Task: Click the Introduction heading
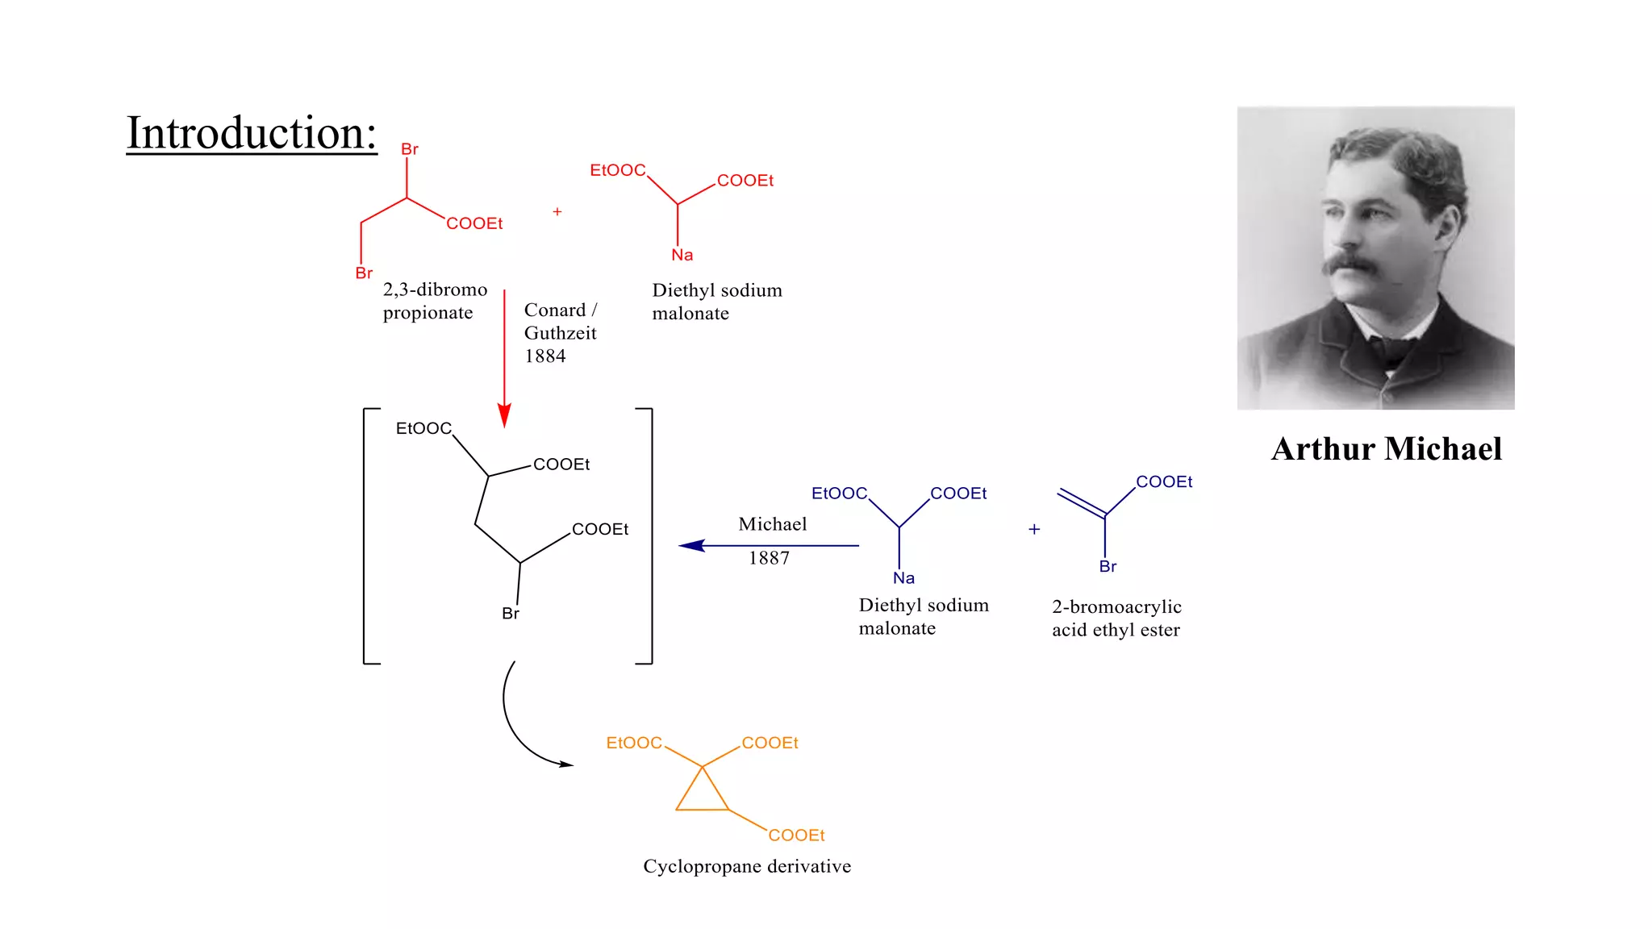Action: (x=252, y=133)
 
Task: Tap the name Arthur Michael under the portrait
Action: (x=1387, y=449)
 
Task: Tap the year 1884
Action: (x=545, y=356)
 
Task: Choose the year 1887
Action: (x=769, y=558)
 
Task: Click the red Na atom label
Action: (x=682, y=255)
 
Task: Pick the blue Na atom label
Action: (x=903, y=578)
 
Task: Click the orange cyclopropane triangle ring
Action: (x=703, y=794)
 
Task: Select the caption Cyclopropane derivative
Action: (x=747, y=866)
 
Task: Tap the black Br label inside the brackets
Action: (x=511, y=614)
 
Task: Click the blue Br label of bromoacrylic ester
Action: (x=1108, y=567)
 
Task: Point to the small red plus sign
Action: (x=557, y=212)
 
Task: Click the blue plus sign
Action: (x=1034, y=529)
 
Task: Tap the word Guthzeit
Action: (x=560, y=333)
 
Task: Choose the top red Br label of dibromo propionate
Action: (x=410, y=149)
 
